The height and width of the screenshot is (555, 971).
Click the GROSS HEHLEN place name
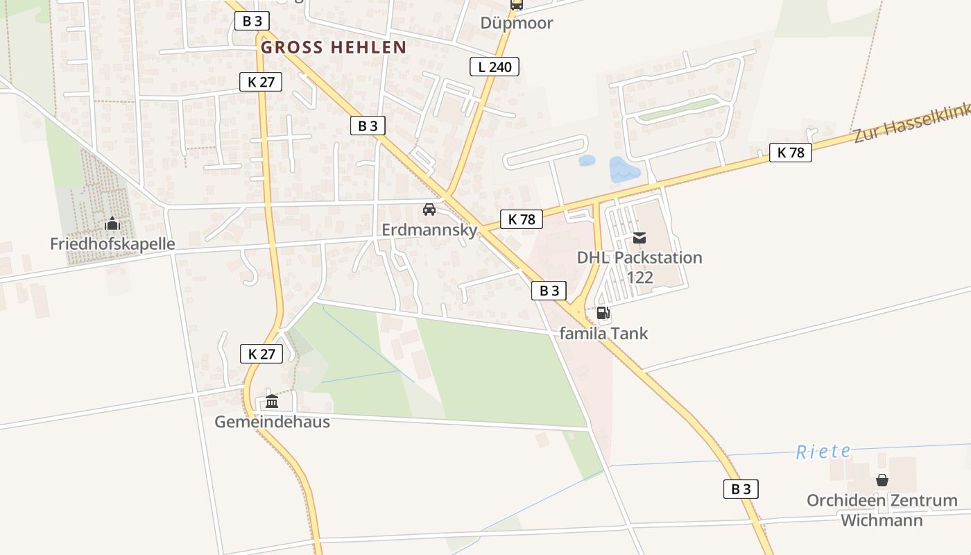[x=334, y=47]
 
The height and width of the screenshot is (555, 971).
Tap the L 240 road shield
[x=495, y=67]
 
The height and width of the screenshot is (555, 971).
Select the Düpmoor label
[x=517, y=23]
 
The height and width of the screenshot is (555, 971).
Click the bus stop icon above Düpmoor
[x=517, y=4]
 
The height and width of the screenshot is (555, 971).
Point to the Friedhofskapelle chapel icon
[x=112, y=224]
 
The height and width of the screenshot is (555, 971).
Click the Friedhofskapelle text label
[x=112, y=244]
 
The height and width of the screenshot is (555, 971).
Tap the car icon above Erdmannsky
[x=429, y=210]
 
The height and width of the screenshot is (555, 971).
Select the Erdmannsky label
[x=429, y=230]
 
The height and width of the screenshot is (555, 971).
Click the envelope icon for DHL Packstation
[x=639, y=238]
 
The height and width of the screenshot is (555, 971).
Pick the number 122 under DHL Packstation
[x=639, y=277]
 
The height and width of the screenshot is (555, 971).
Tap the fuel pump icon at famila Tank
[x=603, y=313]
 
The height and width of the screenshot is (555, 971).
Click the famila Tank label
[x=603, y=333]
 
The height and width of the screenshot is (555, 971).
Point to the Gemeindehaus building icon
[x=271, y=402]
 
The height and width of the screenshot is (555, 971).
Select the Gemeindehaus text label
[x=272, y=421]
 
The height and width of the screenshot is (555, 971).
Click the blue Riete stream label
[x=823, y=452]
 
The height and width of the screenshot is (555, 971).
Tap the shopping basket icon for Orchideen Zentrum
[x=882, y=480]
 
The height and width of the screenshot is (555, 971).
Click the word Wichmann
[x=882, y=520]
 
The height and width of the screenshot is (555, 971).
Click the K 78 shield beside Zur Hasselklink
[x=790, y=153]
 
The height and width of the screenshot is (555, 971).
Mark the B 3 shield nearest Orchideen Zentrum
[x=741, y=488]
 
